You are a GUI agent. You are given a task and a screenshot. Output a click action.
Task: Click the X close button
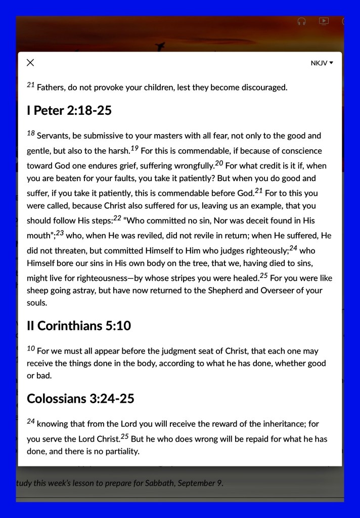pos(30,63)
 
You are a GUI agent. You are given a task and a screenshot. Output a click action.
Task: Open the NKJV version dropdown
pos(322,63)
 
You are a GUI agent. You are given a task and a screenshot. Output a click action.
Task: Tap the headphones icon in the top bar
pos(302,21)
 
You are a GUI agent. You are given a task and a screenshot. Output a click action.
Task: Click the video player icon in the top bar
pos(324,21)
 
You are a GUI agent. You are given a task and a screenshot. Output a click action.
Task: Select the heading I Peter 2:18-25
pos(69,111)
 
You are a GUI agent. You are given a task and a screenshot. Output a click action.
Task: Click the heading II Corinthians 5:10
pos(78,326)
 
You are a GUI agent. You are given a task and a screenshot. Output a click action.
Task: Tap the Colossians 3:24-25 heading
pos(80,399)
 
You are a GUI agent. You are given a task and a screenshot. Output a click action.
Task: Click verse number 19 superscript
pos(134,148)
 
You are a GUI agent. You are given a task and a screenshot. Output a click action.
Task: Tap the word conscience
pos(298,151)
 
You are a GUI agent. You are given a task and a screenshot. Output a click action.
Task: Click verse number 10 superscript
pos(30,349)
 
